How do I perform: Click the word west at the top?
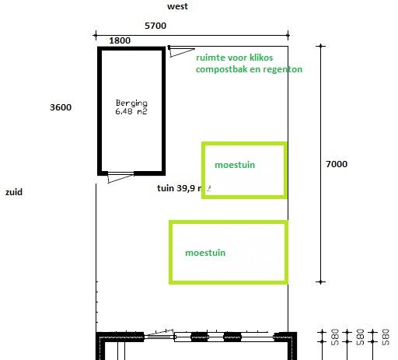tap(178, 6)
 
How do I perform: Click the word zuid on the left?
tap(13, 190)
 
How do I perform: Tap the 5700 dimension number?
tap(155, 26)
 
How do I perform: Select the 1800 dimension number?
tap(120, 40)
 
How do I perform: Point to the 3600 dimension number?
tap(59, 107)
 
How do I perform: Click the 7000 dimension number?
tap(337, 164)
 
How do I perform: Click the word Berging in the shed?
tap(131, 103)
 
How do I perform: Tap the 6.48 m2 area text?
tap(131, 111)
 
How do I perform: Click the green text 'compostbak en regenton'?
tap(249, 69)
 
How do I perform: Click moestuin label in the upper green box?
tap(235, 165)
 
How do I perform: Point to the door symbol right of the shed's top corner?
tap(180, 52)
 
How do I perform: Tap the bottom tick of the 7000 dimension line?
tap(320, 281)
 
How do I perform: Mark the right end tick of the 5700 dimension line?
tap(288, 34)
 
